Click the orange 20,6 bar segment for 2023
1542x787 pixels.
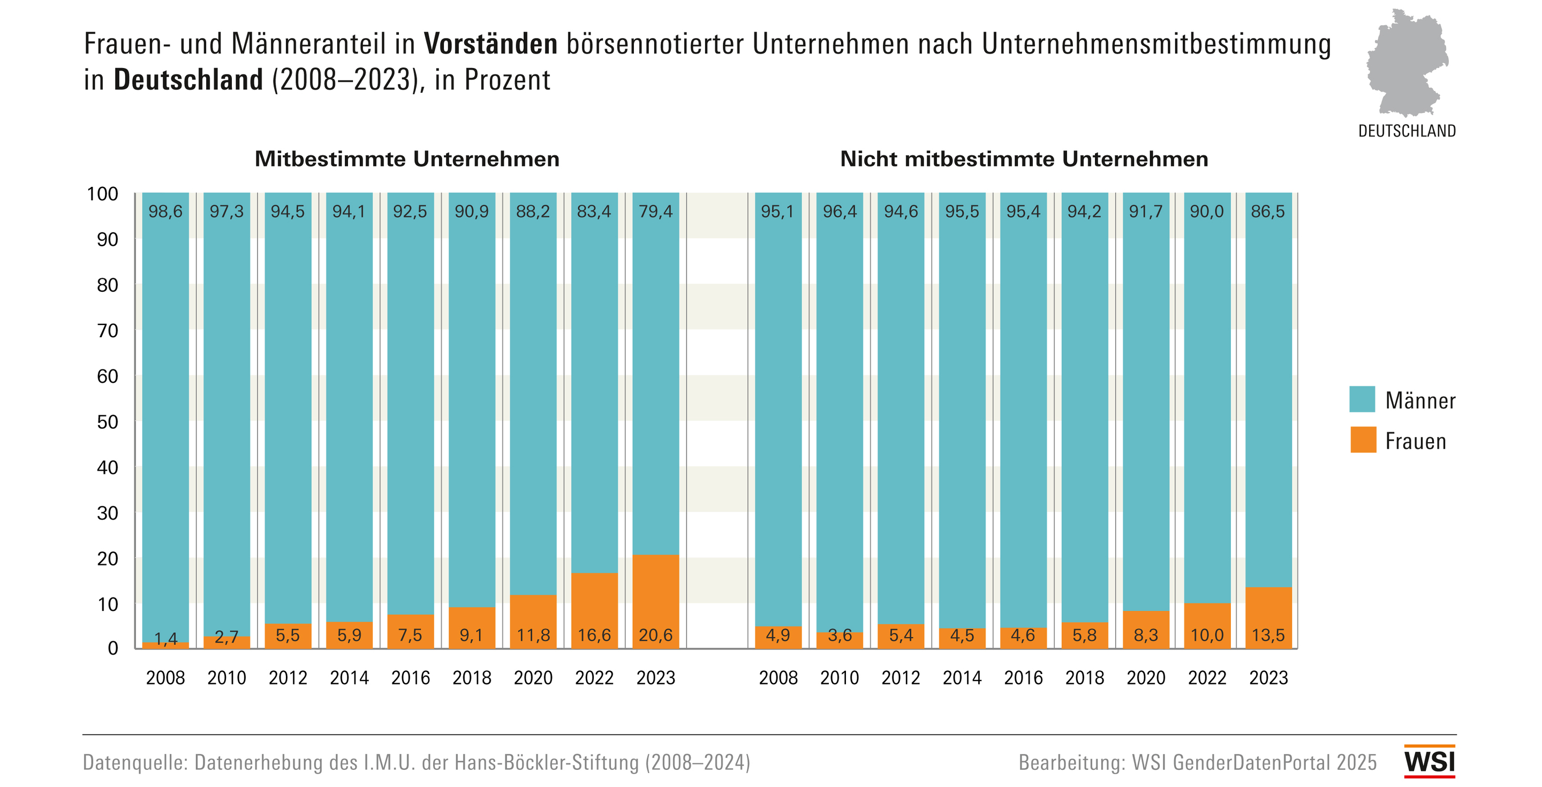click(655, 601)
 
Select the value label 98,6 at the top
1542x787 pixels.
click(165, 211)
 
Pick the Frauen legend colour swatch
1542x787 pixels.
click(1363, 440)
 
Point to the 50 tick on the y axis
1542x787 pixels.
click(108, 422)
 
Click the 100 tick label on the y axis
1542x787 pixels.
click(103, 194)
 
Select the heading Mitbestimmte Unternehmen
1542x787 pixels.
click(407, 159)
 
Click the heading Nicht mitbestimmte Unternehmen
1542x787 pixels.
click(1024, 159)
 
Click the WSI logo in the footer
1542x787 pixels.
click(1429, 761)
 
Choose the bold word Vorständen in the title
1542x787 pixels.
click(491, 44)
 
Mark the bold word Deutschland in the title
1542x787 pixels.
click(188, 80)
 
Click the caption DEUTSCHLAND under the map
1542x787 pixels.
click(1407, 131)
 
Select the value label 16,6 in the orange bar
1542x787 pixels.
click(594, 635)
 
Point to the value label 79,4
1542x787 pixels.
click(655, 211)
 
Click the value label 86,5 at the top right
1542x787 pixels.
click(1268, 211)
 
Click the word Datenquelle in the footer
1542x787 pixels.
click(135, 762)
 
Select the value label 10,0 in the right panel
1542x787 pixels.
click(1207, 635)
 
